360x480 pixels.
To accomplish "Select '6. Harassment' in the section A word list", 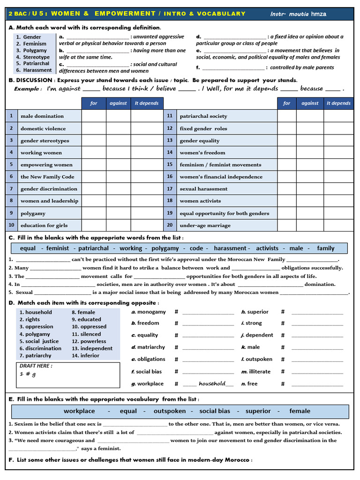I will point(34,70).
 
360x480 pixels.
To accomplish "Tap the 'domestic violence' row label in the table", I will point(43,128).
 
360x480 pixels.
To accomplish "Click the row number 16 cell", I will point(170,177).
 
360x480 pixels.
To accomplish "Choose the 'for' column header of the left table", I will point(94,103).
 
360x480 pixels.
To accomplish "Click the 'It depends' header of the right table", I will point(338,103).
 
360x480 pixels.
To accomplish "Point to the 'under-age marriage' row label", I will point(205,225).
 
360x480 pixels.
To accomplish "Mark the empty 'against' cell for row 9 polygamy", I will point(118,213).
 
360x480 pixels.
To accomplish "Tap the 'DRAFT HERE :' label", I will point(36,366).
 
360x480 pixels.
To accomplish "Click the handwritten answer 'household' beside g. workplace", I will point(212,383).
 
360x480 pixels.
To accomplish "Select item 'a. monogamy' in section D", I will point(149,312).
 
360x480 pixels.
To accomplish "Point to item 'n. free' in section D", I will point(249,383).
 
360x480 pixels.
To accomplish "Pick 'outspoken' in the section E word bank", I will point(170,411).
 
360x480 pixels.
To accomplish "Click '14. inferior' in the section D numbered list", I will point(85,356).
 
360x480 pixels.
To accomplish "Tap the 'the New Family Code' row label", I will point(47,177).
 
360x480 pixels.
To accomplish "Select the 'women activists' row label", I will point(200,201).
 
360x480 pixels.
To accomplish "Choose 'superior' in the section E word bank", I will point(258,411).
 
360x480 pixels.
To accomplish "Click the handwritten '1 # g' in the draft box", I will point(28,374).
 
